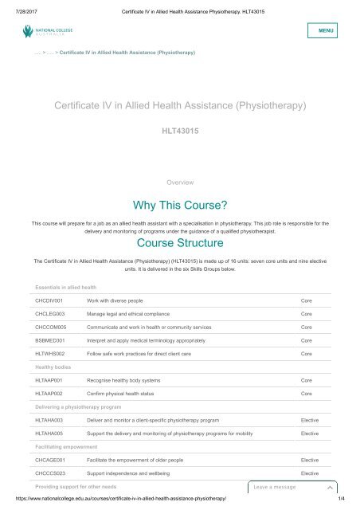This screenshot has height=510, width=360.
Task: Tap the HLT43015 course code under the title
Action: click(179, 127)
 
